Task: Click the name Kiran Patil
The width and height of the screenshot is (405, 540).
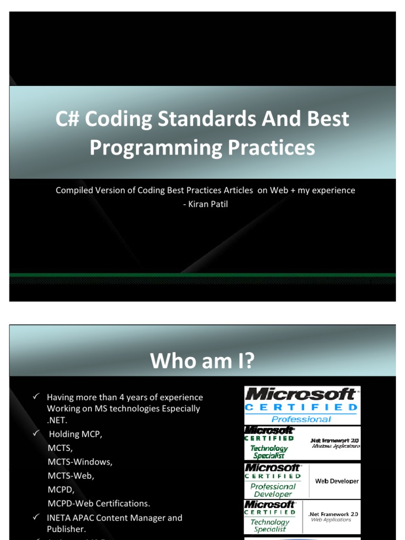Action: tap(205, 204)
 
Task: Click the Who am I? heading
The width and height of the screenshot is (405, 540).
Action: tap(202, 361)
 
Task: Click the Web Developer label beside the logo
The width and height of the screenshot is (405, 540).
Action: tap(336, 481)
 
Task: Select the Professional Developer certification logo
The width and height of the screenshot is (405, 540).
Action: tap(273, 480)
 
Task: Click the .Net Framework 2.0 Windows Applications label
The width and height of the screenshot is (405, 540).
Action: tap(335, 442)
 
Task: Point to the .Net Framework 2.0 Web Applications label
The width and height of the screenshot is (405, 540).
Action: tap(333, 516)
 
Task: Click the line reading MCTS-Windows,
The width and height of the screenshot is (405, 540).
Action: tap(80, 462)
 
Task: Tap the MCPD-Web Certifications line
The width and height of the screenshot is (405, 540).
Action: tap(99, 504)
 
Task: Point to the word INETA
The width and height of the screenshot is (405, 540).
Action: tap(58, 518)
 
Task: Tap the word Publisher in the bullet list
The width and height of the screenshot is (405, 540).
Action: tap(66, 529)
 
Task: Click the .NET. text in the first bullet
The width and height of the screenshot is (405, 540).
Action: tap(57, 420)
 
